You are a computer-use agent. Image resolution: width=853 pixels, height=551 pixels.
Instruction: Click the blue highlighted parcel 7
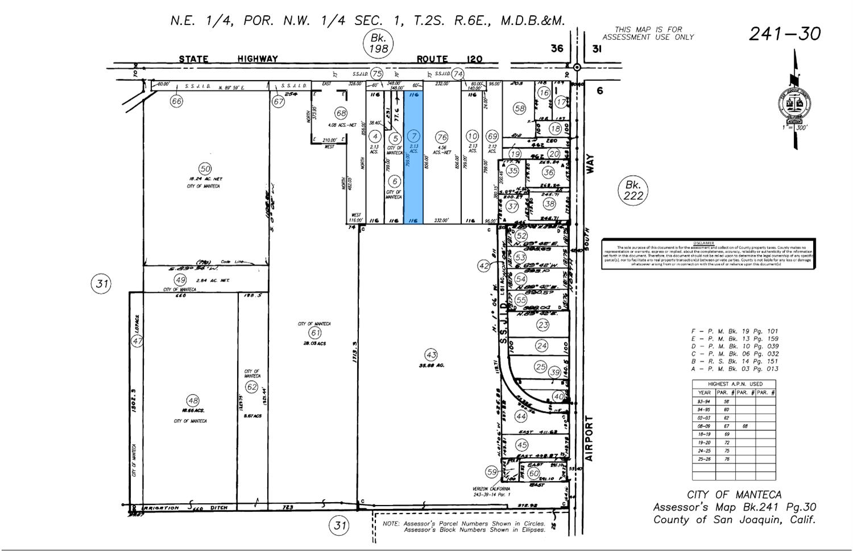point(413,171)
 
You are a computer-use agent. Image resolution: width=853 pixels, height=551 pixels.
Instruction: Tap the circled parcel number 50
point(205,168)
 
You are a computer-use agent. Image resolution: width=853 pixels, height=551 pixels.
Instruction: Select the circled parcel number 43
point(431,354)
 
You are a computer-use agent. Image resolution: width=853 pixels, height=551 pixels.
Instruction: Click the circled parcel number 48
point(193,400)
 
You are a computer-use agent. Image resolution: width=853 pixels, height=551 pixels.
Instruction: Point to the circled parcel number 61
point(314,333)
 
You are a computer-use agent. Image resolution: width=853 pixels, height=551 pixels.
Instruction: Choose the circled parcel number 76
point(442,136)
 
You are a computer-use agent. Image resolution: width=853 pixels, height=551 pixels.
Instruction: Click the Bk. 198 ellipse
point(378,43)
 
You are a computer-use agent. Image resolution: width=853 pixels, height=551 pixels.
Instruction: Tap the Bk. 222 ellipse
point(633,190)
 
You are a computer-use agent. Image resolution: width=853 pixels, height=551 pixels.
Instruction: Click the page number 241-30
point(785,34)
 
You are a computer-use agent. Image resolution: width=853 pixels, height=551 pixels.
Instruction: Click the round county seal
point(794,105)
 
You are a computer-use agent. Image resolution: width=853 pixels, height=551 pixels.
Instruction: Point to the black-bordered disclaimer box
point(709,254)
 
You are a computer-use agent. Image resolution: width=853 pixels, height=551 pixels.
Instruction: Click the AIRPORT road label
point(589,438)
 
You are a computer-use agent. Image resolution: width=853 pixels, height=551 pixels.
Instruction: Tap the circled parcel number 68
point(341,113)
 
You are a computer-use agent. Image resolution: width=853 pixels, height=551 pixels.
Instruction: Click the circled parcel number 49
point(180,280)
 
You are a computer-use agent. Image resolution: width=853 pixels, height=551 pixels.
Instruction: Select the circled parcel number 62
point(251,387)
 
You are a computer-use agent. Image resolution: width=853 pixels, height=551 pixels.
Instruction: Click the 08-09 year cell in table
point(703,425)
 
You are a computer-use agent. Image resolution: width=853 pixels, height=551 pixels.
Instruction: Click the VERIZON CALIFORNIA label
point(491,488)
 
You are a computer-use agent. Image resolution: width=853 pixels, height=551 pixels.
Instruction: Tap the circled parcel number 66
point(176,101)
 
